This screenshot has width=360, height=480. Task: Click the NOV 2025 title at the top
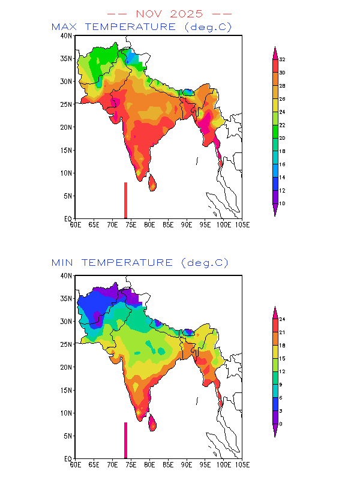(169, 13)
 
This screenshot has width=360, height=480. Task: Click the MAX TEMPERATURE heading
(141, 27)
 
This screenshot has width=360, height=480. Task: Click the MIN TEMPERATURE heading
(140, 263)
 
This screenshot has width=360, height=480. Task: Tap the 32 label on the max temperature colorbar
(282, 59)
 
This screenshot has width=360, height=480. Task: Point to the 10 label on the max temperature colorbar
(282, 204)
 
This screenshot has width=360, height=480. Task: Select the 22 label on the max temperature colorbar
(282, 125)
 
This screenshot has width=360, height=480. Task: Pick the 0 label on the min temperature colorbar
(280, 424)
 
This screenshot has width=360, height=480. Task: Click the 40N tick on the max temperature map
(67, 36)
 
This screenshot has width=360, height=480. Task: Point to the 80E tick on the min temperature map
(149, 464)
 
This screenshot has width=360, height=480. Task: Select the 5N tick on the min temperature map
(69, 436)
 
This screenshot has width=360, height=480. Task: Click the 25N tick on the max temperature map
(67, 104)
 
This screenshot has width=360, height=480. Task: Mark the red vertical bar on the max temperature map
(125, 200)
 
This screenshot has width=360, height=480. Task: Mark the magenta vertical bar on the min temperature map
(125, 440)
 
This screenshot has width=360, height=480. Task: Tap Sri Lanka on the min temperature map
(152, 422)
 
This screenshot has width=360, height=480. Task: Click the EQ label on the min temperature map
(68, 458)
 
